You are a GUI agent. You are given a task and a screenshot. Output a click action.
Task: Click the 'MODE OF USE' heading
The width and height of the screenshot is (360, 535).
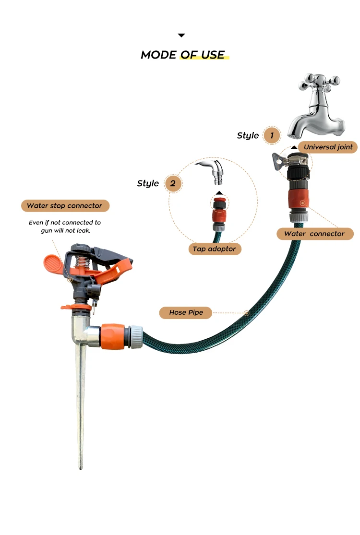tap(182, 55)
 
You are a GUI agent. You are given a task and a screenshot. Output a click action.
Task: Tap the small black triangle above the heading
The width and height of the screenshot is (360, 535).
tap(181, 35)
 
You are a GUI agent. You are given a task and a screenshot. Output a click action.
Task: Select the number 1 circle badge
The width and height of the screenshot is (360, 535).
tap(272, 135)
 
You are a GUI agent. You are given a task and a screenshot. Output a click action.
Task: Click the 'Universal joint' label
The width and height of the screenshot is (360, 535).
tap(328, 147)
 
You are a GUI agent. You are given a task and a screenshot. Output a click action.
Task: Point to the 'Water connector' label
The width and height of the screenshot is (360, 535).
tap(314, 234)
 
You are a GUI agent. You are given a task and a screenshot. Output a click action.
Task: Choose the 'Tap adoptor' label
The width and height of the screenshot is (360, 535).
tap(215, 249)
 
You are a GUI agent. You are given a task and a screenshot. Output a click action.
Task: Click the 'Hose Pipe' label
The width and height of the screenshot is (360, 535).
tap(186, 312)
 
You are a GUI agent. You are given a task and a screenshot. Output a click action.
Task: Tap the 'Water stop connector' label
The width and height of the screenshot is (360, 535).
tap(65, 206)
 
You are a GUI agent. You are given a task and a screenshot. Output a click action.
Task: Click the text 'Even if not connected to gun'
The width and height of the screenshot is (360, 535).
tap(65, 226)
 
